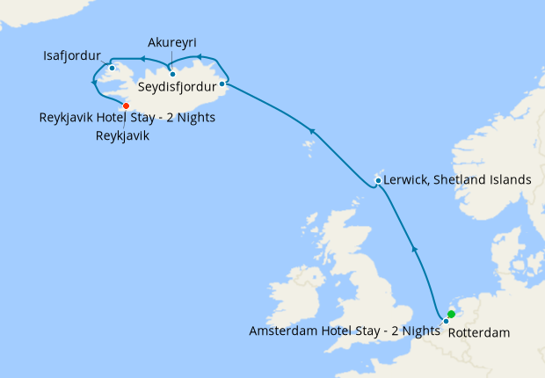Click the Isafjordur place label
point(72,56)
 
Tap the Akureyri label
point(171,41)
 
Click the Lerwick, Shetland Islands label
point(457,179)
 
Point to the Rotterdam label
point(478,333)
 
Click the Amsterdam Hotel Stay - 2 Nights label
point(345,331)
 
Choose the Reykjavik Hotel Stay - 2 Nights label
point(127,117)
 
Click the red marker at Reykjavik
point(126,105)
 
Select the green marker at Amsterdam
point(451,314)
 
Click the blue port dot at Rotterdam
point(446,321)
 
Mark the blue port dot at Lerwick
point(377,181)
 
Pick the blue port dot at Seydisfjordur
point(222,84)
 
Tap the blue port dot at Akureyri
point(173,74)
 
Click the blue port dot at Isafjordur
point(112,68)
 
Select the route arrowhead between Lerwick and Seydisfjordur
point(310,131)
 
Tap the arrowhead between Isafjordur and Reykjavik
point(94,83)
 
